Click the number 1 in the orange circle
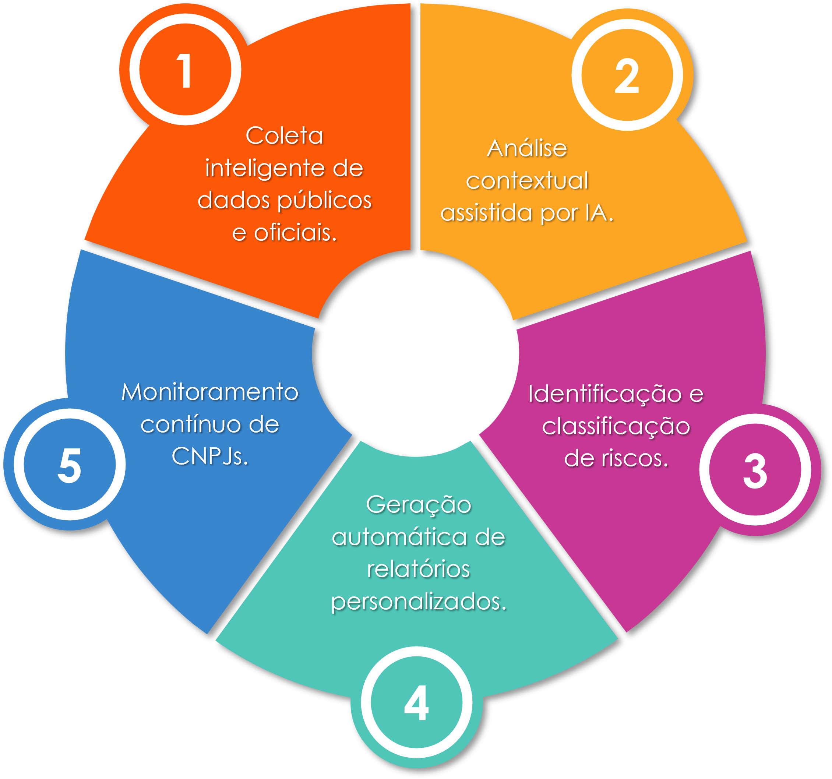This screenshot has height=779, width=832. click(184, 71)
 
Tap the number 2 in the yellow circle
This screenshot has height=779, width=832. click(627, 76)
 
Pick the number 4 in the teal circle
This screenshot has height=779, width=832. click(416, 703)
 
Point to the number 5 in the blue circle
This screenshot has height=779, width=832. click(70, 465)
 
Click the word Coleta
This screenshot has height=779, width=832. click(284, 136)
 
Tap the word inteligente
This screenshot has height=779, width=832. click(265, 169)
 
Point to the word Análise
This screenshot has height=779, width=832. click(527, 149)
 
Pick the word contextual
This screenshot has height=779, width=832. click(527, 181)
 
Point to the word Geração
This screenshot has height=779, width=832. click(419, 505)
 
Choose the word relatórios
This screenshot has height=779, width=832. click(419, 569)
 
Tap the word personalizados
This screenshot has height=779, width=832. click(419, 602)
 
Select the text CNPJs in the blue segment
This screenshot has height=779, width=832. click(210, 456)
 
